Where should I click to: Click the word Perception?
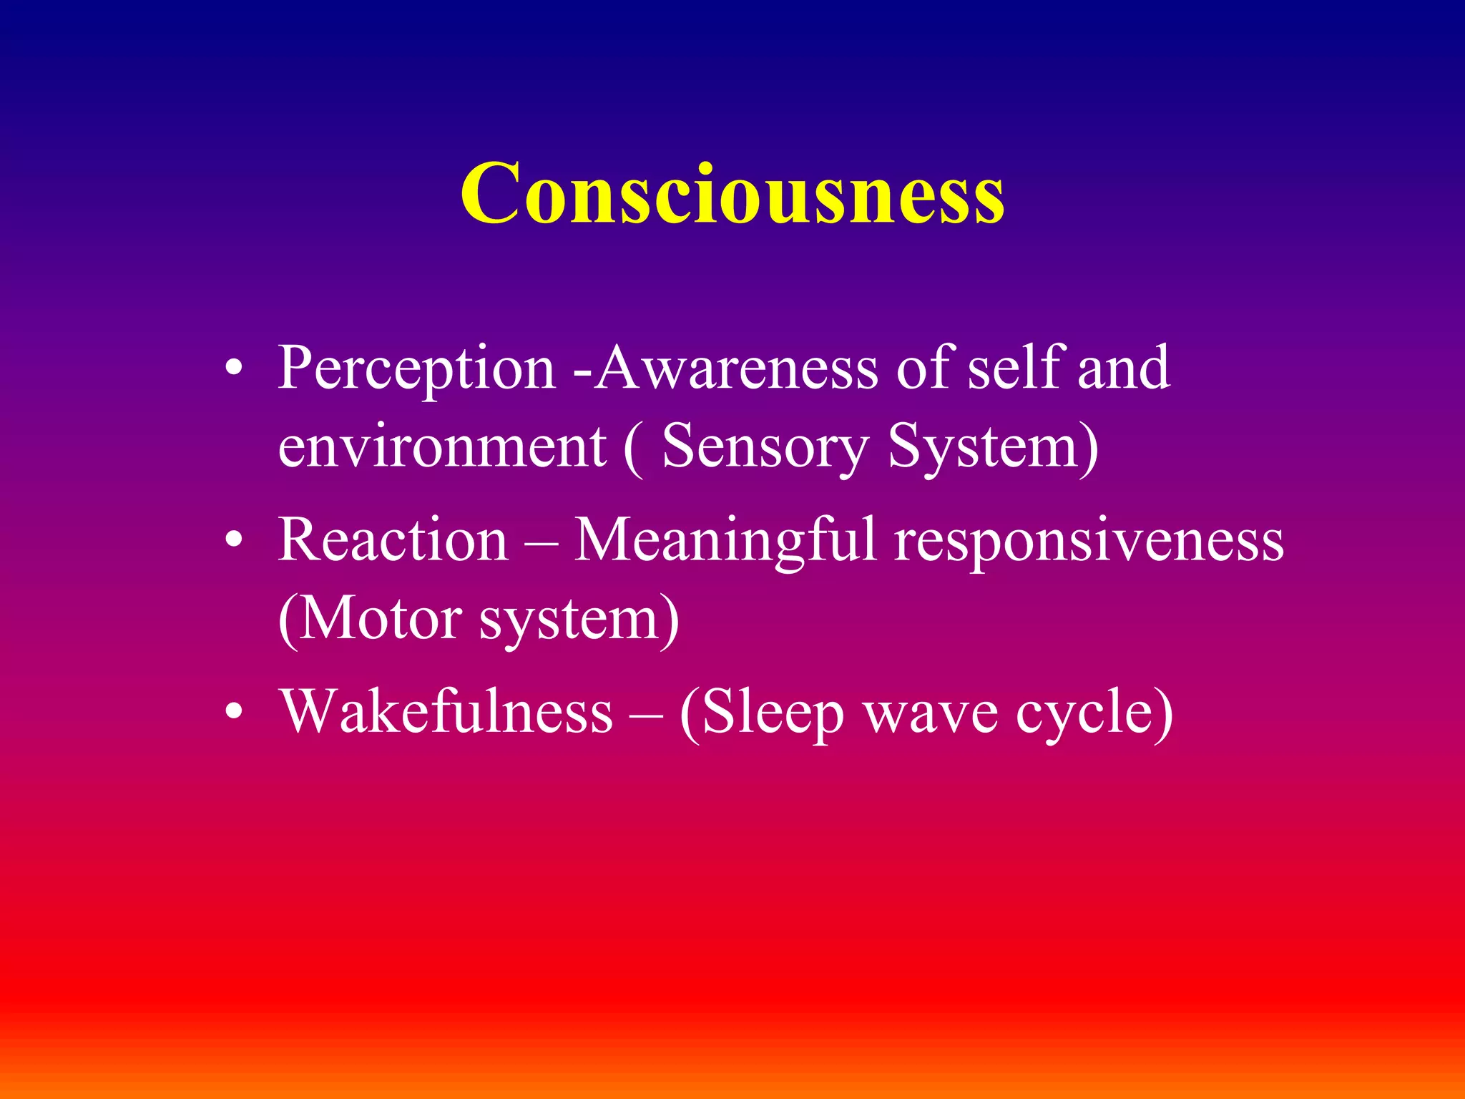(x=416, y=368)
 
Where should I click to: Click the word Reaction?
(x=393, y=540)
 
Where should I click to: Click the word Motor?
(x=379, y=620)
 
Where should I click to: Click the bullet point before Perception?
(x=234, y=369)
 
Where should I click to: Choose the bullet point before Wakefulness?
(x=234, y=713)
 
